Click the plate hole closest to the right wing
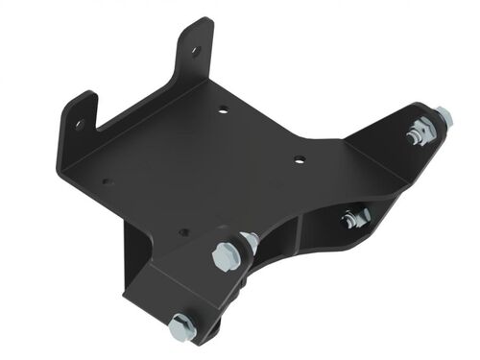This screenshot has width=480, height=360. coord(300,159)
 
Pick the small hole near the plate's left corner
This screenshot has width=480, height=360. coord(106,180)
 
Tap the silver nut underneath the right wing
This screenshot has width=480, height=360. coord(354,218)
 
